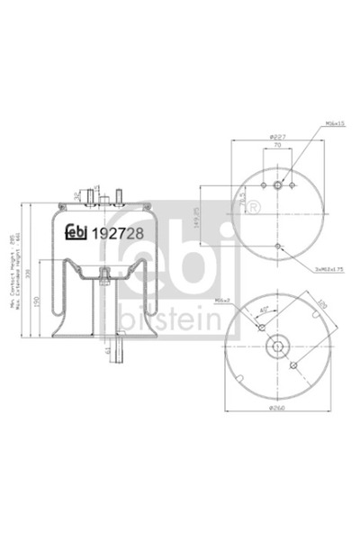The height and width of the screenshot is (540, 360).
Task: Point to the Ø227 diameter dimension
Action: (x=278, y=137)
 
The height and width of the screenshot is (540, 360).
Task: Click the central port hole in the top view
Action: (x=278, y=186)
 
